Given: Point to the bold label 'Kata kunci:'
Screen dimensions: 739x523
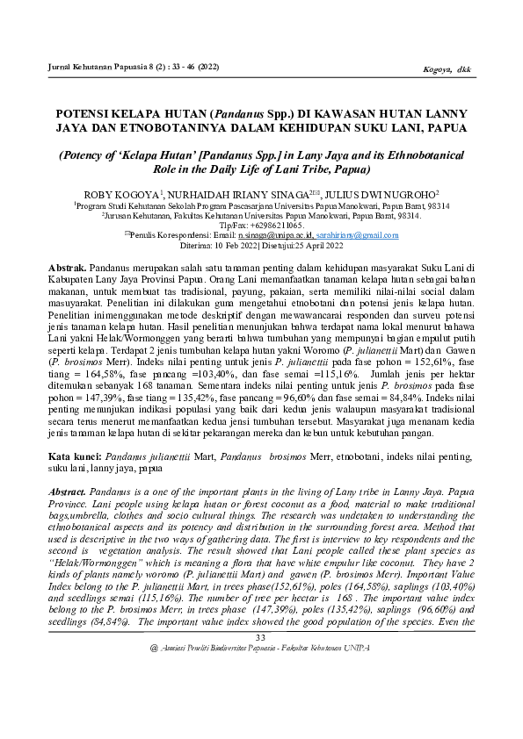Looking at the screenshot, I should (74, 456).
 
